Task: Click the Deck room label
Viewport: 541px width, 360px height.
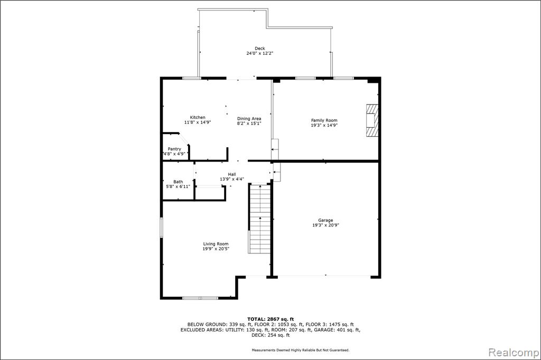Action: pyautogui.click(x=260, y=49)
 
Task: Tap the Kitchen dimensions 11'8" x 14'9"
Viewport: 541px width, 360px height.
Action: pyautogui.click(x=198, y=122)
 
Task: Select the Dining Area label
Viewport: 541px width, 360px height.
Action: pyautogui.click(x=249, y=119)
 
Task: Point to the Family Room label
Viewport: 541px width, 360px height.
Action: pyautogui.click(x=324, y=120)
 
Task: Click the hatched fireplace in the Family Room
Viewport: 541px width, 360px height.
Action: pyautogui.click(x=372, y=120)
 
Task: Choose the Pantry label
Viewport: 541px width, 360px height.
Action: pyautogui.click(x=174, y=149)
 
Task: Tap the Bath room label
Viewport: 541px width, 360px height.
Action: pyautogui.click(x=178, y=182)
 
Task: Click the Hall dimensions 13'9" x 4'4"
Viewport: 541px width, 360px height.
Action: pyautogui.click(x=232, y=179)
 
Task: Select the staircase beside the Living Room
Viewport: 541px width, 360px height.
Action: pyautogui.click(x=260, y=219)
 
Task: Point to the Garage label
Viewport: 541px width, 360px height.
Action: pyautogui.click(x=325, y=220)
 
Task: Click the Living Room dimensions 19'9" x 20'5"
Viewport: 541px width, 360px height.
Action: pyautogui.click(x=216, y=249)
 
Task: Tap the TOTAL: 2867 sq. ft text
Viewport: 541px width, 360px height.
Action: pyautogui.click(x=270, y=319)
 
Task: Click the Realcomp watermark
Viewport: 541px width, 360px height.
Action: pyautogui.click(x=514, y=353)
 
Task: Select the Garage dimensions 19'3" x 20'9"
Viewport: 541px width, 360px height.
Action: pyautogui.click(x=325, y=225)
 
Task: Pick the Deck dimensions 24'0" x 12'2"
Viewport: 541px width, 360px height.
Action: pyautogui.click(x=260, y=53)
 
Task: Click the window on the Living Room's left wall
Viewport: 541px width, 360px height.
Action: pyautogui.click(x=161, y=227)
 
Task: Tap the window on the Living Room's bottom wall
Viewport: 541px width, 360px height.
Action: pyautogui.click(x=200, y=298)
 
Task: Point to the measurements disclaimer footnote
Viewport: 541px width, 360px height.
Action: pyautogui.click(x=301, y=350)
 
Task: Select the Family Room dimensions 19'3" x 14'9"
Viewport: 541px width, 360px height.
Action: pyautogui.click(x=324, y=125)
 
